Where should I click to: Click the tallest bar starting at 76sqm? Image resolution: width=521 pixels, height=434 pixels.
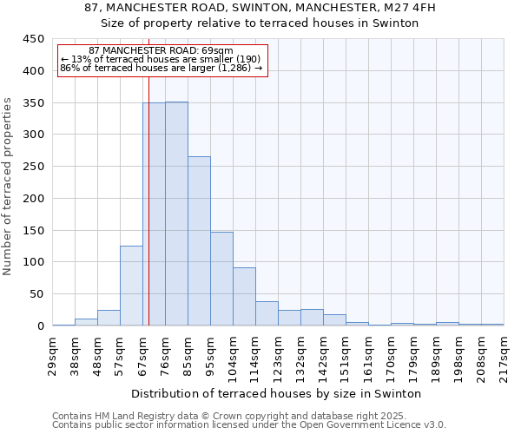coord(176,214)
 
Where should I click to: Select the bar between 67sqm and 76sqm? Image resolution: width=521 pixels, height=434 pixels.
coord(154,214)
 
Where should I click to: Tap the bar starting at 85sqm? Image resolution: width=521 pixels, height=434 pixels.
coord(199,241)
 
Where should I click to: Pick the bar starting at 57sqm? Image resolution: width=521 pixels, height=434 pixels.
coord(131,286)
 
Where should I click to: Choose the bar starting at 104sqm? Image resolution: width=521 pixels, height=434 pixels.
coord(244,297)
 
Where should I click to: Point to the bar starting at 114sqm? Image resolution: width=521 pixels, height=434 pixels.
coord(267,313)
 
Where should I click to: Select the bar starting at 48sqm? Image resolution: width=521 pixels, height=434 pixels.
coord(109,318)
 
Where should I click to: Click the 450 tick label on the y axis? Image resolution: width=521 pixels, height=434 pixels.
coord(33,39)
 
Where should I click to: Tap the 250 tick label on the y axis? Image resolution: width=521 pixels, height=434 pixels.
coord(33,167)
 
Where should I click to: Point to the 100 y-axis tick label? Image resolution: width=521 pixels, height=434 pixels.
coord(33,262)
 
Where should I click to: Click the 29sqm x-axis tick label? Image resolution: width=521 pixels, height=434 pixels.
coord(52,356)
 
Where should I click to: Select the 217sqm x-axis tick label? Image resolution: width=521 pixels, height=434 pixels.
coord(504,356)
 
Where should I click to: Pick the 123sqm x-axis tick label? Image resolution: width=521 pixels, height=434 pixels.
coord(278,356)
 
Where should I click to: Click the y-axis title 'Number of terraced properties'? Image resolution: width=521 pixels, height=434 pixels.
coord(8,187)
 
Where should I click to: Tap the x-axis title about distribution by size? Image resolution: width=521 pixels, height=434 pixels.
coord(278,393)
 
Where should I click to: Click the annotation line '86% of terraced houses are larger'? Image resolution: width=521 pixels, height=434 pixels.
coord(161,68)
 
